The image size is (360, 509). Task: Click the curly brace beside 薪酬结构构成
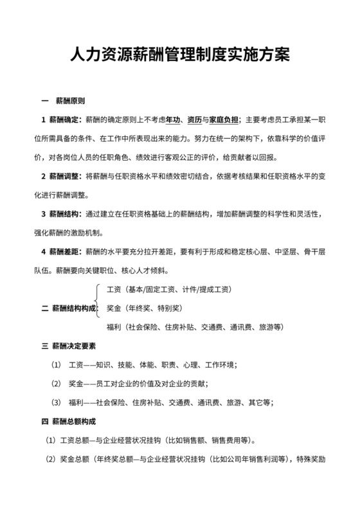click(x=98, y=299)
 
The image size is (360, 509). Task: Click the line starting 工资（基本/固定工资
click(x=169, y=289)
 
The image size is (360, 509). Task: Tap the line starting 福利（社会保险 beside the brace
click(x=195, y=327)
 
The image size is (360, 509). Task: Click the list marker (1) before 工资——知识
click(x=55, y=365)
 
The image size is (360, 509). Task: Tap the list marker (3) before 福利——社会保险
click(x=55, y=403)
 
